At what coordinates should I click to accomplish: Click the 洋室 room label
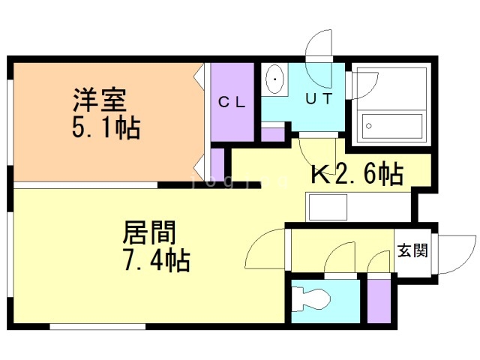pyautogui.click(x=99, y=100)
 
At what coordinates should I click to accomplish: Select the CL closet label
pyautogui.click(x=232, y=103)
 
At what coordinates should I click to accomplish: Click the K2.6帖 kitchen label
pyautogui.click(x=356, y=174)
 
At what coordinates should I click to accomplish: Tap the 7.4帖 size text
pyautogui.click(x=155, y=261)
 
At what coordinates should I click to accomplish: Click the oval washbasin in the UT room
pyautogui.click(x=274, y=79)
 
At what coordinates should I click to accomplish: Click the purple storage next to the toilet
pyautogui.click(x=377, y=299)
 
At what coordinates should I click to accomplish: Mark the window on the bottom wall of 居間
pyautogui.click(x=81, y=325)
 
